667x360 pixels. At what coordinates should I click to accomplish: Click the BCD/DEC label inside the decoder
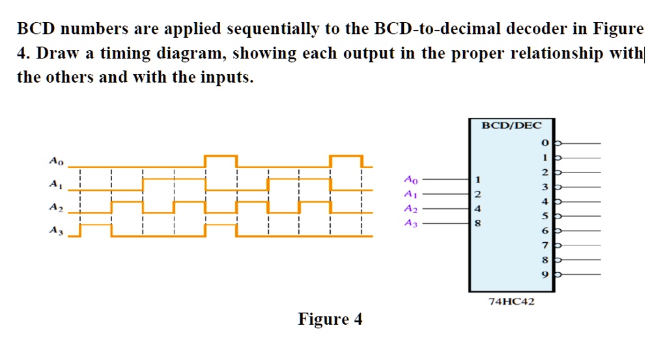(x=511, y=126)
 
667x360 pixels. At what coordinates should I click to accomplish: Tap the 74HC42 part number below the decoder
(x=511, y=301)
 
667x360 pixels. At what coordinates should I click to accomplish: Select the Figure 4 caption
(x=330, y=319)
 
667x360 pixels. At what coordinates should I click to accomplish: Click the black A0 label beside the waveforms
(x=56, y=161)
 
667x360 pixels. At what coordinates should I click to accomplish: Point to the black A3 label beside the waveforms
(x=56, y=230)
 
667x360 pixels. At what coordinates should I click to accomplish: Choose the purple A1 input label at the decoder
(x=410, y=194)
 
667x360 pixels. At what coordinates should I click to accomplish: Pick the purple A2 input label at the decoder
(x=410, y=209)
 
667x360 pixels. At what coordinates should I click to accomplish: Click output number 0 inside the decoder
(x=545, y=143)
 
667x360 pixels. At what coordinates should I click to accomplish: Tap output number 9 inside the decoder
(x=545, y=275)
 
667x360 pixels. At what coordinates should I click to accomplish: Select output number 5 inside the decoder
(x=545, y=216)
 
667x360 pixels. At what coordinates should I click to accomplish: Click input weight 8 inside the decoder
(x=477, y=223)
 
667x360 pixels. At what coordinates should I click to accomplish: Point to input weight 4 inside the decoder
(x=477, y=209)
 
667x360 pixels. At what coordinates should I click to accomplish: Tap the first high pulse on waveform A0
(x=221, y=156)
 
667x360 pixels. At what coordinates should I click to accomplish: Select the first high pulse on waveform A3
(x=96, y=225)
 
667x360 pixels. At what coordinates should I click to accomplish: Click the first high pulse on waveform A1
(x=174, y=180)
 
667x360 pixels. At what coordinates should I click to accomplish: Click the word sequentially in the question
(x=273, y=29)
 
